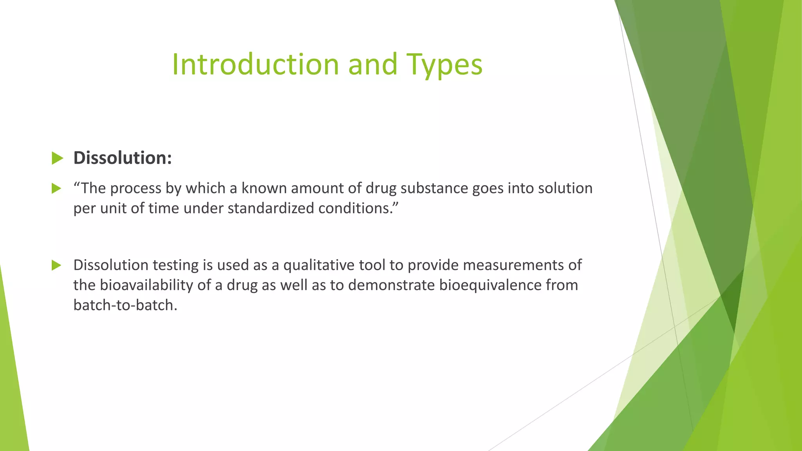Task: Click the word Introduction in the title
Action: pos(255,65)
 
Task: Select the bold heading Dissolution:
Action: pos(123,158)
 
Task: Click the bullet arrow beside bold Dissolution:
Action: pos(57,159)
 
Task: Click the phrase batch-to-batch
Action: pos(125,305)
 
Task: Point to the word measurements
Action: pos(514,265)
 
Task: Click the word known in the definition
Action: pos(264,188)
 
